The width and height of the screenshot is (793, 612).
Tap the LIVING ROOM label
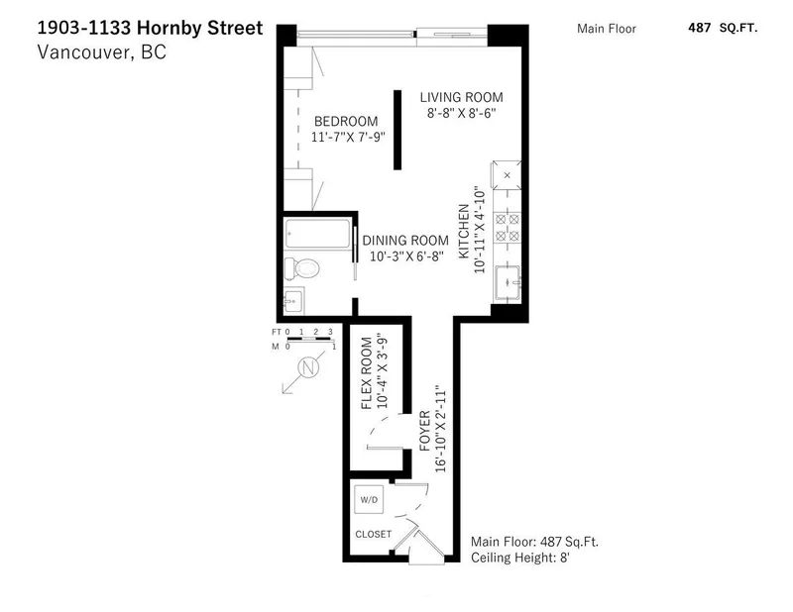[x=461, y=97]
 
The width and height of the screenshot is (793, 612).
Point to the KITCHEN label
[x=463, y=232]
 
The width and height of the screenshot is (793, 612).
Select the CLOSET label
[x=374, y=534]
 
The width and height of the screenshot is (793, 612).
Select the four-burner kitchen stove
[x=508, y=229]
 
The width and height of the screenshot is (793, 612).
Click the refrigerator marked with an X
[x=508, y=176]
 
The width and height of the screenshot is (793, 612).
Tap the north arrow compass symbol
[x=305, y=370]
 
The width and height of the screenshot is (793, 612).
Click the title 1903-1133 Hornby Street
[x=152, y=28]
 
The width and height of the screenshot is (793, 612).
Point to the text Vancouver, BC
[x=103, y=52]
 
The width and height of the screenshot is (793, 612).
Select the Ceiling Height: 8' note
[x=518, y=559]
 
